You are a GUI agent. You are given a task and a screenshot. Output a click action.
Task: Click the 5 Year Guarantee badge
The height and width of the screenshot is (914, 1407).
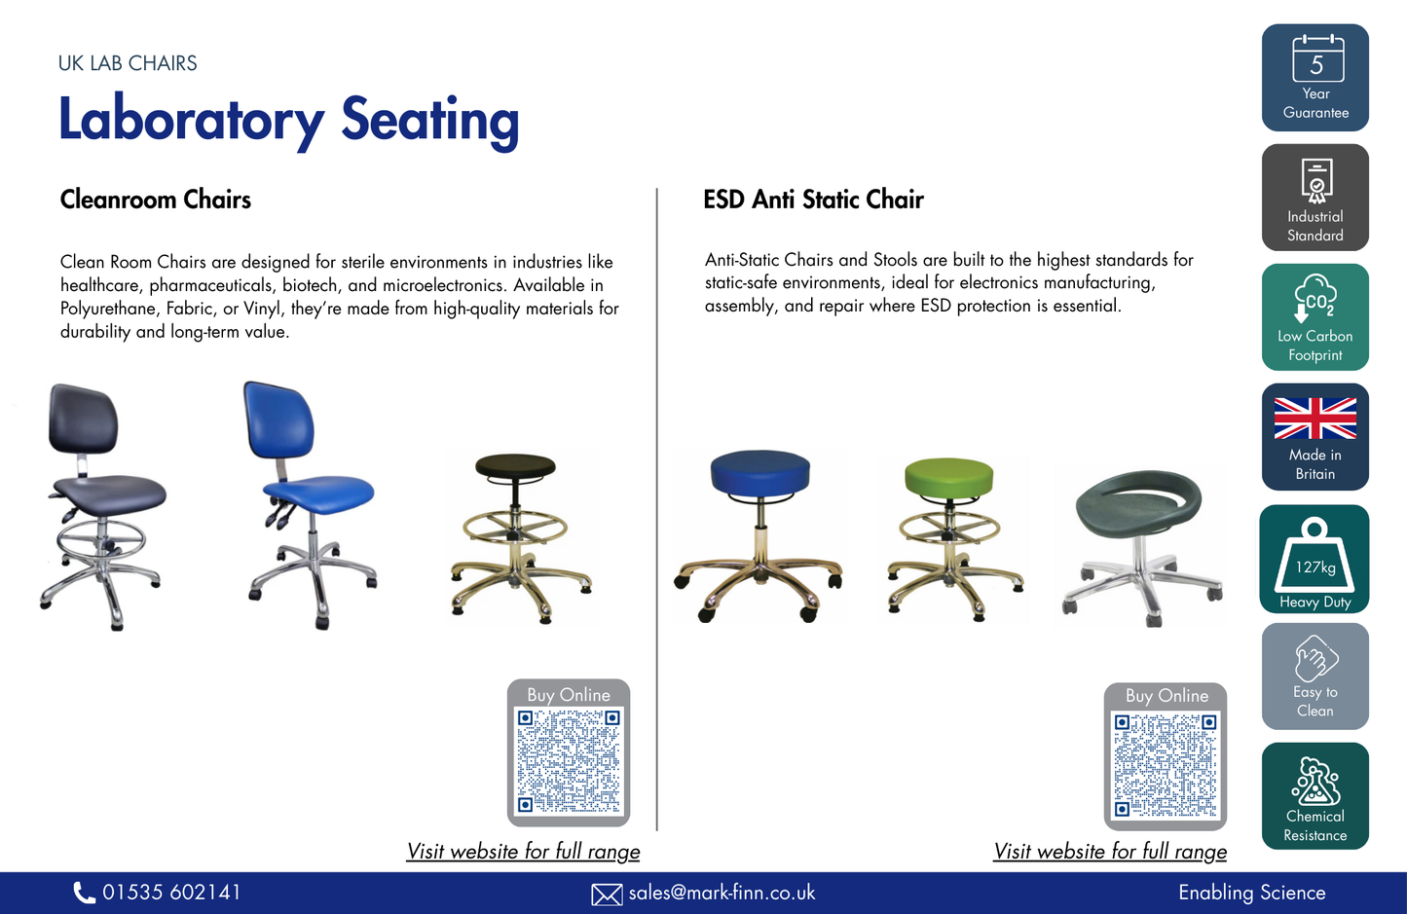[x=1314, y=78]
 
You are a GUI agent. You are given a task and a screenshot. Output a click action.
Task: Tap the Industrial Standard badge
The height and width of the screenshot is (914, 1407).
[x=1314, y=198]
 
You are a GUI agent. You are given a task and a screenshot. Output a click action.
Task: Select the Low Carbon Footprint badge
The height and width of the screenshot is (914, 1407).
[x=1314, y=317]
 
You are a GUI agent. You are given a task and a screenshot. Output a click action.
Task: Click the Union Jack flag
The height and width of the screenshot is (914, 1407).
[x=1314, y=419]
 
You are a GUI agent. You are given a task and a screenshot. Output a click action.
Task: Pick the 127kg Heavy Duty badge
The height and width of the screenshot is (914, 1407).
[x=1314, y=558]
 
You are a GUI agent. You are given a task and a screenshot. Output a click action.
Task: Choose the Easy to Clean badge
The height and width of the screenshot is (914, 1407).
[x=1314, y=676]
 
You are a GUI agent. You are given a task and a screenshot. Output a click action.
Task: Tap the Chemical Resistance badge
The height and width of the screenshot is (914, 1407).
[x=1314, y=796]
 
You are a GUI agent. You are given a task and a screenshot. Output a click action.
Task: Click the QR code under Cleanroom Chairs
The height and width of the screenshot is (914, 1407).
[x=569, y=761]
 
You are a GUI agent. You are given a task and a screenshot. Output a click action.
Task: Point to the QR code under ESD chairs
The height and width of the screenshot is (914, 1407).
[x=1166, y=765]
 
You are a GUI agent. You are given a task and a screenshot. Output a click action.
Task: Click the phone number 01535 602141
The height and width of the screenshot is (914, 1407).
[x=171, y=893]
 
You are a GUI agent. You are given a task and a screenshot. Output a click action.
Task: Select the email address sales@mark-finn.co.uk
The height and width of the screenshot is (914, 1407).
[x=722, y=893]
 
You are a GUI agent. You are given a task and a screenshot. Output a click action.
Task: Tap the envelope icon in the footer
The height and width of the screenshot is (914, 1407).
[x=607, y=895]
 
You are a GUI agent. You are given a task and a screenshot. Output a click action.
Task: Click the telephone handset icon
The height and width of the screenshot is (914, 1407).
[x=85, y=893]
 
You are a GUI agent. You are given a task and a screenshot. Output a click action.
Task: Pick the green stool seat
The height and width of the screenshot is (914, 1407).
[x=948, y=476]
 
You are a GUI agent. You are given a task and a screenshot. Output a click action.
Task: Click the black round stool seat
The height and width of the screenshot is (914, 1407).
[x=515, y=465]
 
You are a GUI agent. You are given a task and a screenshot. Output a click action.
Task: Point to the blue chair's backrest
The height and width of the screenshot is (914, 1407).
[x=279, y=420]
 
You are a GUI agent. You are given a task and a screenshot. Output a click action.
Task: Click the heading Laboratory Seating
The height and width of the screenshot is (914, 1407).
[x=288, y=120]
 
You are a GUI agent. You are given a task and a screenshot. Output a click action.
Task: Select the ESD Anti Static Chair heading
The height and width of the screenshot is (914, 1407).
[x=813, y=200]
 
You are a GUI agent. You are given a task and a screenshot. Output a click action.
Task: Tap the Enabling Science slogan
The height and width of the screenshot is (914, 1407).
[x=1251, y=893]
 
